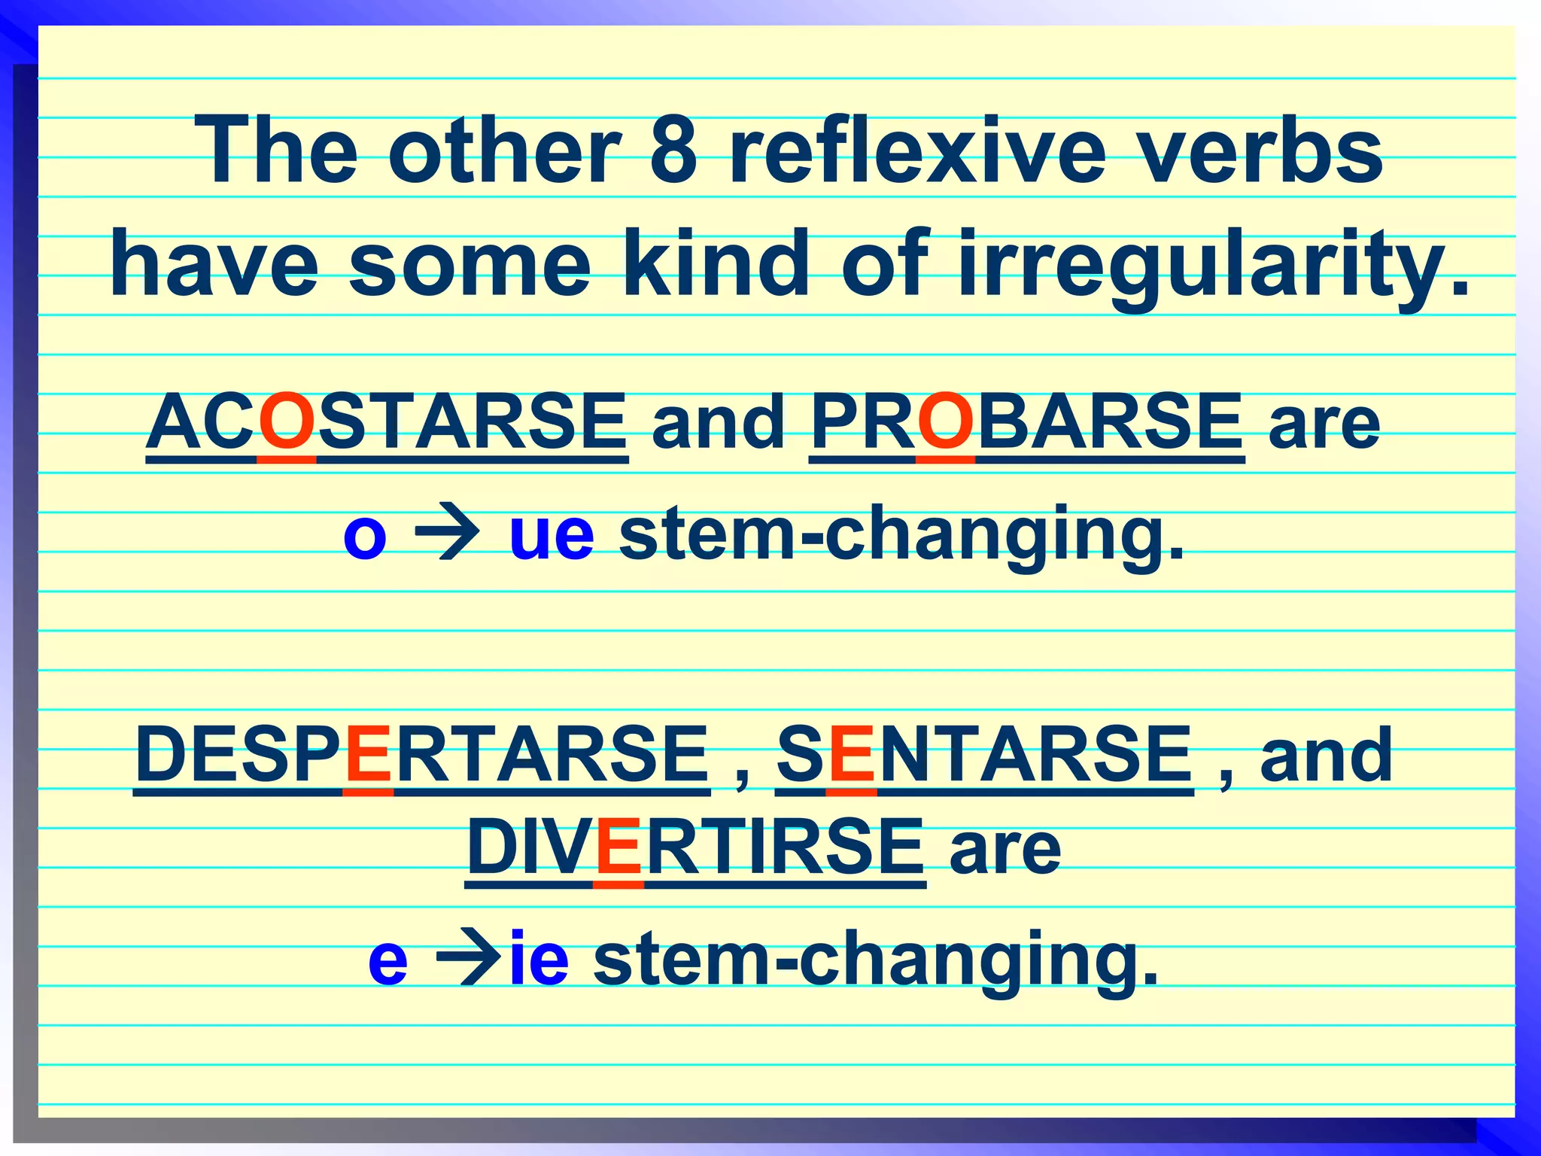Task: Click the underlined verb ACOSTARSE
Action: pyautogui.click(x=387, y=423)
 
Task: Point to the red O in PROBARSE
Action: pyautogui.click(x=945, y=423)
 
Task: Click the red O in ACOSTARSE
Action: pyautogui.click(x=286, y=423)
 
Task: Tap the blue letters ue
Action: pyautogui.click(x=552, y=536)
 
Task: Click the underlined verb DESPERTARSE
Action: pyautogui.click(x=421, y=755)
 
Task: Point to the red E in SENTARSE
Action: pyautogui.click(x=851, y=755)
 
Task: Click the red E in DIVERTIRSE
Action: pyautogui.click(x=619, y=848)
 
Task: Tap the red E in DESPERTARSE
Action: pyautogui.click(x=368, y=755)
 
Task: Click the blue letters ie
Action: pyautogui.click(x=539, y=960)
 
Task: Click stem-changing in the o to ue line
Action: pyautogui.click(x=901, y=536)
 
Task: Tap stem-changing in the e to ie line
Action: pyautogui.click(x=875, y=960)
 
